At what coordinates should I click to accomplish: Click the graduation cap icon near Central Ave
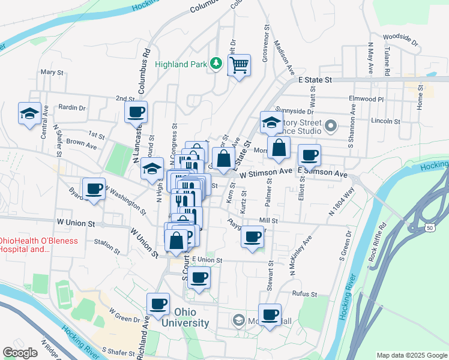29,113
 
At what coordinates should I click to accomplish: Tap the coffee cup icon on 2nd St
136,111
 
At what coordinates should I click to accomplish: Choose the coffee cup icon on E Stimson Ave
310,155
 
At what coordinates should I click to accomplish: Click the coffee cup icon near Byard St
94,189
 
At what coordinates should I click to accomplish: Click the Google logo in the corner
20,353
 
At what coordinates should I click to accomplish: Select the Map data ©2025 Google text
411,355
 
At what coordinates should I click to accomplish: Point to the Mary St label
52,72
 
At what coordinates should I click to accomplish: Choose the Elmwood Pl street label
366,98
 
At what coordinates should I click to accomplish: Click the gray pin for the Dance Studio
331,127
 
